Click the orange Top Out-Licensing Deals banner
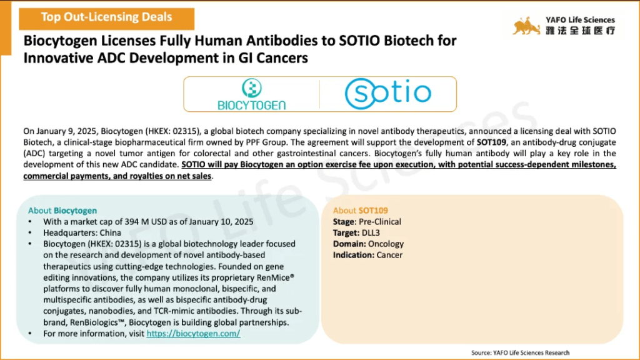coord(106,18)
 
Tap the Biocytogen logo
coord(251,94)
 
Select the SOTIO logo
coord(387,94)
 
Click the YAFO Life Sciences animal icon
coord(526,26)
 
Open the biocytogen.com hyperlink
coord(194,334)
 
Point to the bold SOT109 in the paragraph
coord(491,142)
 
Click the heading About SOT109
coord(361,211)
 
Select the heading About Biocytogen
coord(62,211)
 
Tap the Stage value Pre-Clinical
coord(379,222)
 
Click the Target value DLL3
coord(371,232)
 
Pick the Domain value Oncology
coord(386,244)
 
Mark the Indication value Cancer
coord(389,255)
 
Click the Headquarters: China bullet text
coord(82,232)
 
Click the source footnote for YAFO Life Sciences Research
coord(521,352)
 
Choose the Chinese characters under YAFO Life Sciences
coord(581,31)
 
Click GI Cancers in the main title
coord(274,58)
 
